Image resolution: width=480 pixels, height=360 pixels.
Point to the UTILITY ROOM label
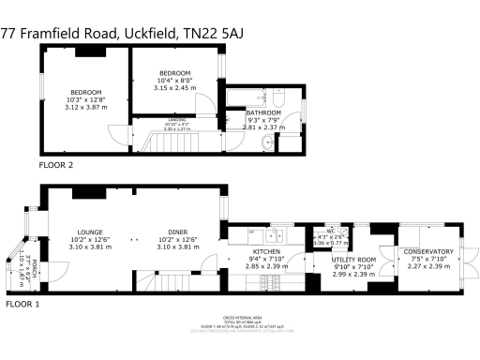354,259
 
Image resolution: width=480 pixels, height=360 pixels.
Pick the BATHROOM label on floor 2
263,112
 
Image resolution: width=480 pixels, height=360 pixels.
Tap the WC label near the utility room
330,231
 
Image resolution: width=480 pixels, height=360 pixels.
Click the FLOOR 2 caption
56,165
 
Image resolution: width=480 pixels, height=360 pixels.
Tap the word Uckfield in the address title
148,33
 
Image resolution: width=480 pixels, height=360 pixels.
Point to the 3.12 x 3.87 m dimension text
85,107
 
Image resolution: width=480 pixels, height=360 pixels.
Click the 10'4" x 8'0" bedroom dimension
174,81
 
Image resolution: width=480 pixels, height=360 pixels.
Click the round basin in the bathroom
268,141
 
